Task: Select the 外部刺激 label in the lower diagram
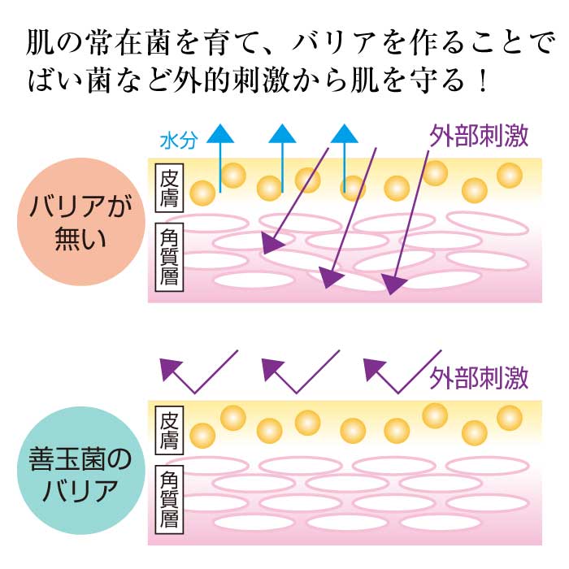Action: pos(480,377)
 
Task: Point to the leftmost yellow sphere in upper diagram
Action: pos(202,193)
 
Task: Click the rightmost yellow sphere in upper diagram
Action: pos(510,176)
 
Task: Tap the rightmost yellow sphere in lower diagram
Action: pos(510,418)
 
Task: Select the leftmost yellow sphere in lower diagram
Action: pos(202,434)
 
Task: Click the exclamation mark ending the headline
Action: pos(481,81)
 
